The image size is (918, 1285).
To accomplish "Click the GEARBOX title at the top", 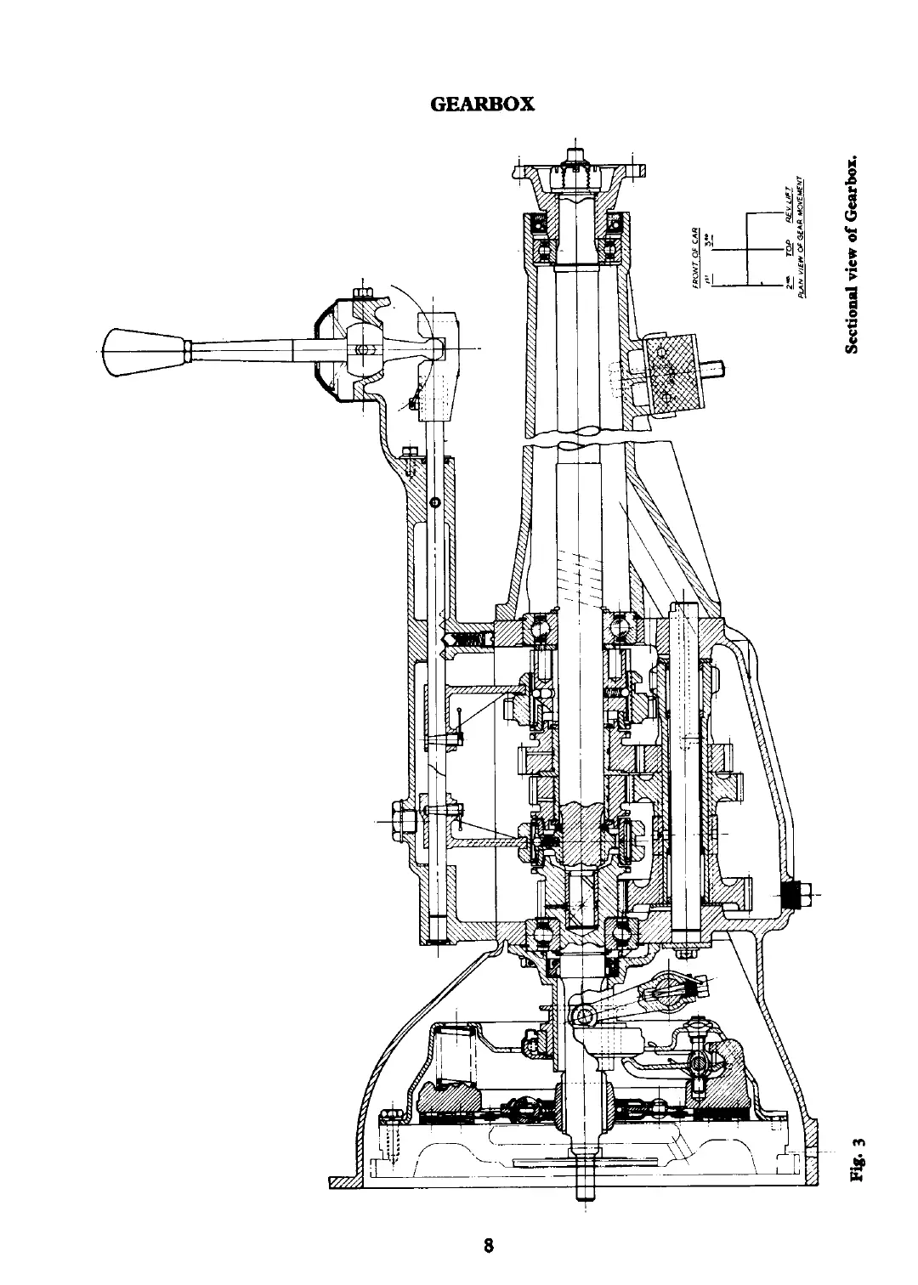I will click(x=482, y=104).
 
